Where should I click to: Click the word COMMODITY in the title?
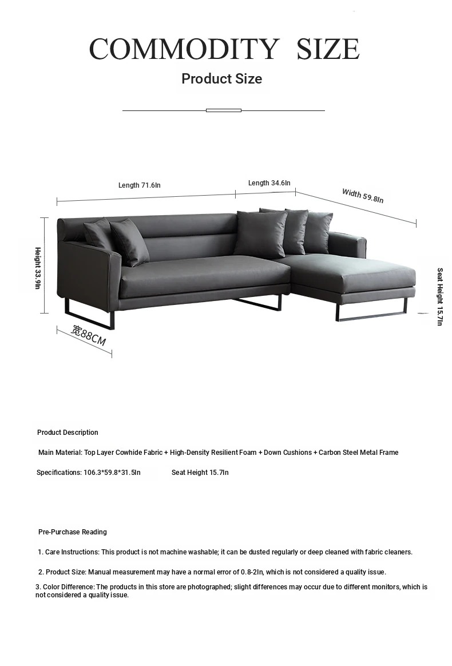point(184,49)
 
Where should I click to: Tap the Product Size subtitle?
point(221,79)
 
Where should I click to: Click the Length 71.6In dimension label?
point(139,185)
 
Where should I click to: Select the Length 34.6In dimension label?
point(269,183)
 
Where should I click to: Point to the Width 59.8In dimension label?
point(363,196)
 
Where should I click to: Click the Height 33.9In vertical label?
point(38,268)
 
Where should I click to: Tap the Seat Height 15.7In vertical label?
point(439,297)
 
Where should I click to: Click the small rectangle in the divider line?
point(224,110)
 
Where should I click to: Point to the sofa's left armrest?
point(88,269)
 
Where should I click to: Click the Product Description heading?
point(68,433)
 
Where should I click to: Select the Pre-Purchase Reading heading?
point(72,532)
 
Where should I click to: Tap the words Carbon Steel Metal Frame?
point(358,453)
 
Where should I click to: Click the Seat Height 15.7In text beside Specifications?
point(200,473)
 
